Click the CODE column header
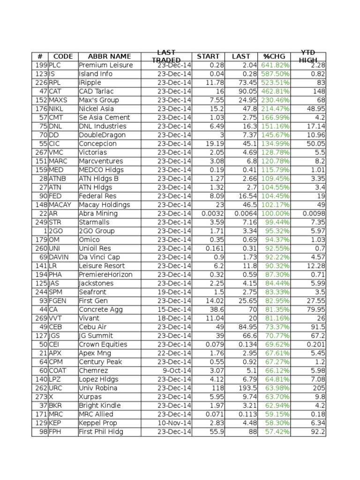pos(63,56)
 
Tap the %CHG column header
pos(274,56)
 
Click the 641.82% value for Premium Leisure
pos(276,65)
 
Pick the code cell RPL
pos(55,82)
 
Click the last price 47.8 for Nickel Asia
pos(248,109)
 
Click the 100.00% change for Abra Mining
pos(276,213)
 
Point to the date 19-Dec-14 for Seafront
pos(174,292)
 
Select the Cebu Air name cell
pos(94,327)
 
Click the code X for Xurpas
pos(51,397)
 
